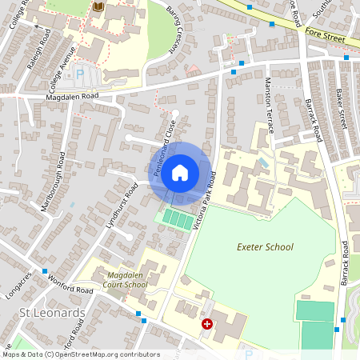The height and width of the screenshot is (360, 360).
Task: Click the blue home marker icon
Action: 180,173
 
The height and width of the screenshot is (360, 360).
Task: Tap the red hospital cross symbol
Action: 207,324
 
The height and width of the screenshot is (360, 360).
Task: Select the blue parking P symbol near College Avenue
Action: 79,74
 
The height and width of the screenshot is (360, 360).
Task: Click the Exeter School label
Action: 265,247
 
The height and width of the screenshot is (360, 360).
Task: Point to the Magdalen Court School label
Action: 126,280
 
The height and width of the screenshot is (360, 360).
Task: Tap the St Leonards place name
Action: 52,312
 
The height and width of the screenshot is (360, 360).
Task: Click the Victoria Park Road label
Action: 203,200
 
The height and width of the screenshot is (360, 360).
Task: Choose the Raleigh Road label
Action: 39,51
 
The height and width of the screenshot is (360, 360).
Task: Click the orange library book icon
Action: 98,7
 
